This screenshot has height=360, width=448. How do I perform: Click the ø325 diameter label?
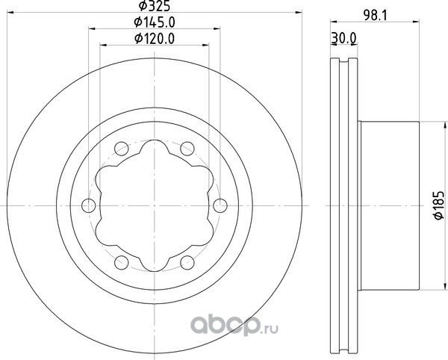point(155,6)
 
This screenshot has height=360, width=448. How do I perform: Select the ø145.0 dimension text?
point(155,22)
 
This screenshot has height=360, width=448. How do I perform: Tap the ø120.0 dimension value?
point(155,39)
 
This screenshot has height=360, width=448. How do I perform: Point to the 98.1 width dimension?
point(375,16)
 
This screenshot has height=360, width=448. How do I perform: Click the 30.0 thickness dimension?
point(343,38)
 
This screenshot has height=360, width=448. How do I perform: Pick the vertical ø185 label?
point(439,205)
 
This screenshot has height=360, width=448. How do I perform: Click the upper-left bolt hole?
point(122,149)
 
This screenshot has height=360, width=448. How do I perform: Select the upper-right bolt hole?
point(187,149)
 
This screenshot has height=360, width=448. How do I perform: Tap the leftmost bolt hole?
point(89,205)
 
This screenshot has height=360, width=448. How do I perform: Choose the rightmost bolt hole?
point(220,205)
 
